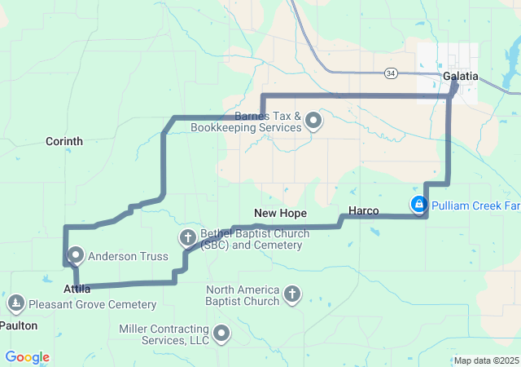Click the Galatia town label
[x=461, y=77]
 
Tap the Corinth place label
[x=64, y=141]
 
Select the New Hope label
[x=280, y=213]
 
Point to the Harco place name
[x=363, y=211]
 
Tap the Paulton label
[x=18, y=325]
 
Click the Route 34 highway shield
[x=392, y=73]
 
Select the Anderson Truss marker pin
[x=76, y=254]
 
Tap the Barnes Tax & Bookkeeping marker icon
[x=313, y=122]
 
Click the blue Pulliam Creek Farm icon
[x=418, y=204]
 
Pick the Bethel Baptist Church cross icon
[x=187, y=238]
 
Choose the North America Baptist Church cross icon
[x=292, y=294]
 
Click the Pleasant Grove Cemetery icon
[x=15, y=304]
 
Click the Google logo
[x=27, y=357]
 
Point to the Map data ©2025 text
[x=486, y=360]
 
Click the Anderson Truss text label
[x=128, y=256]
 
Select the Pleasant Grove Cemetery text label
[x=92, y=305]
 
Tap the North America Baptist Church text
[x=243, y=295]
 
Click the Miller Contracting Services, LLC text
[x=164, y=334]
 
